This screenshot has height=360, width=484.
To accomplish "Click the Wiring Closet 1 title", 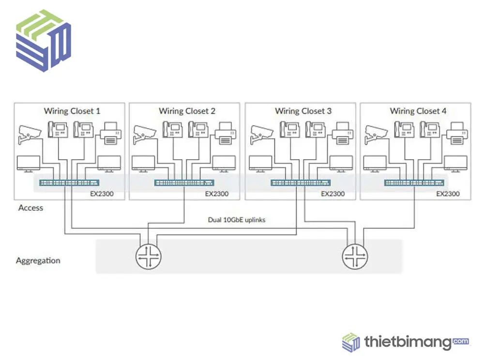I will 72,111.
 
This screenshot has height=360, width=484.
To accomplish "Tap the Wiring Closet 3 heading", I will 303,111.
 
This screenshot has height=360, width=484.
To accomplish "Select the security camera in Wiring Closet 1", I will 30,134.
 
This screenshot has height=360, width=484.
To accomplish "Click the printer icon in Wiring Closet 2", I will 226,134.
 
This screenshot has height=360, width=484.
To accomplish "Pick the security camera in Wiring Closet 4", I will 376,134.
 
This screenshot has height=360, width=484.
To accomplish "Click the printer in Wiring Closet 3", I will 342,134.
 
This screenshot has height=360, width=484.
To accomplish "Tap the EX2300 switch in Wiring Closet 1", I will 70,182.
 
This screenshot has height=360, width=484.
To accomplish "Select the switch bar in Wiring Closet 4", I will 415,182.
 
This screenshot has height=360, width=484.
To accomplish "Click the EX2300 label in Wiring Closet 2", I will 216,194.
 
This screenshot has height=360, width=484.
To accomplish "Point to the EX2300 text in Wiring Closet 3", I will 333,194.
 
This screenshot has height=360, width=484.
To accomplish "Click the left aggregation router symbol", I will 148,255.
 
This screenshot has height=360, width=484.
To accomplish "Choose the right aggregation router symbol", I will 355,255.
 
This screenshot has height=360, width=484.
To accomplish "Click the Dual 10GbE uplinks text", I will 237,220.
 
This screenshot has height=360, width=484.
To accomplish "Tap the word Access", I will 30,208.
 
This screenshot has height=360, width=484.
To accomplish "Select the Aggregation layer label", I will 38,260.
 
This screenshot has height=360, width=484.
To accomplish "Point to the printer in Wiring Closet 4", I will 457,134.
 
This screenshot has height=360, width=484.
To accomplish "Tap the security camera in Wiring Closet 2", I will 145,134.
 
